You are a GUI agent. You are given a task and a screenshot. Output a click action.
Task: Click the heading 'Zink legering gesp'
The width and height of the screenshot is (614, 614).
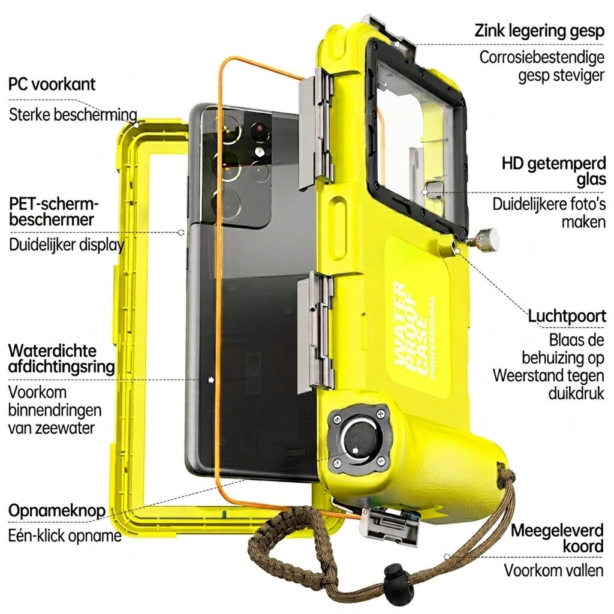pos(540,31)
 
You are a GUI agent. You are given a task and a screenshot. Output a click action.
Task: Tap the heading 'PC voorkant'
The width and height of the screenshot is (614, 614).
pos(52,84)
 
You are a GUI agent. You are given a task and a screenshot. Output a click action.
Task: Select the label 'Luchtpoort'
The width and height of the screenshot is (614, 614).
pos(567,315)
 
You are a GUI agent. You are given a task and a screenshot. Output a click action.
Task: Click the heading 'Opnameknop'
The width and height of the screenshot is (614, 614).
pos(57,511)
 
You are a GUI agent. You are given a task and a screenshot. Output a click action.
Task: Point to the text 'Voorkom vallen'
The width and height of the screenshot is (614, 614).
pos(553,570)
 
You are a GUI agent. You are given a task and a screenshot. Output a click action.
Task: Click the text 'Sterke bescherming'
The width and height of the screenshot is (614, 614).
pos(73,115)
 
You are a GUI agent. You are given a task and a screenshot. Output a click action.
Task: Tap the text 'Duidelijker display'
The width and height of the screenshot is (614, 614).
pos(67,245)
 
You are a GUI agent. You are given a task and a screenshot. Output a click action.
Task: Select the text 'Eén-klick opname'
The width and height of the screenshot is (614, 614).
pos(65,535)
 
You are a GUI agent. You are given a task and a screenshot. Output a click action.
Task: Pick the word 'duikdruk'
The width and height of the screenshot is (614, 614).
pos(576,393)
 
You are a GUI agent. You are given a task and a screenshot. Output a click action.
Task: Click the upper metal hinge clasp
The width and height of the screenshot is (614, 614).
pos(317,127)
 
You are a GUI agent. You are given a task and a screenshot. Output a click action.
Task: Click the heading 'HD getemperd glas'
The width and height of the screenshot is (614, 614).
pos(553,171)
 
